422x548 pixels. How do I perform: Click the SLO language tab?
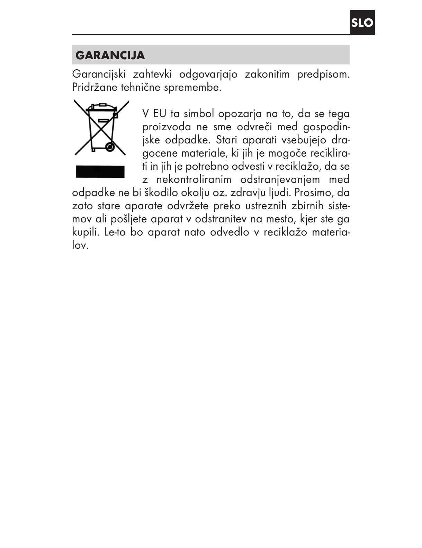click(x=362, y=23)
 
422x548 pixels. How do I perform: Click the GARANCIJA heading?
click(x=110, y=55)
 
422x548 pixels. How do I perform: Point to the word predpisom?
click(x=323, y=74)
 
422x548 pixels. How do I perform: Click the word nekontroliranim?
click(x=194, y=179)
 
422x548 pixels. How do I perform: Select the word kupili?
click(x=85, y=232)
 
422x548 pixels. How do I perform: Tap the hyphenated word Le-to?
click(x=115, y=232)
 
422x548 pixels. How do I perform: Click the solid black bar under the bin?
click(x=100, y=171)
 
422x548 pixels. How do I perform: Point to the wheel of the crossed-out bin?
click(x=110, y=147)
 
